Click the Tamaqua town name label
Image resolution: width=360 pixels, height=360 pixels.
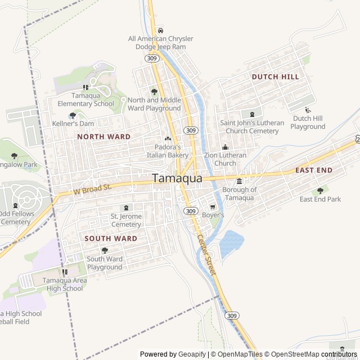tap(177, 178)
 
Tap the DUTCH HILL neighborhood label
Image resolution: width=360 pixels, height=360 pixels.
tap(275, 76)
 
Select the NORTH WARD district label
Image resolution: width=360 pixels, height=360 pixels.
tap(103, 137)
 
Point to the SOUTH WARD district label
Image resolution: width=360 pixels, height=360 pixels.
tap(110, 238)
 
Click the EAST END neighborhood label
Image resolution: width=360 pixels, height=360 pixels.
tap(313, 170)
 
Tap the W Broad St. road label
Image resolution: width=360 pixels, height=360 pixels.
tap(93, 189)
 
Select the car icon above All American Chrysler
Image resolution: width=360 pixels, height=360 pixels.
tap(160, 30)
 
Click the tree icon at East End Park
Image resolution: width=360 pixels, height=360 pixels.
tap(320, 191)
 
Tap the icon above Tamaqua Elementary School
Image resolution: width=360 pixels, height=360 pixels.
tap(85, 87)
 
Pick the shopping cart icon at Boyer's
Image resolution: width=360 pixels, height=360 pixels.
tap(213, 207)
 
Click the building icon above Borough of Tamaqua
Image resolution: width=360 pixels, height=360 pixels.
tap(239, 181)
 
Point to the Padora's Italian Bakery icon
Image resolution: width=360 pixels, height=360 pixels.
tap(167, 138)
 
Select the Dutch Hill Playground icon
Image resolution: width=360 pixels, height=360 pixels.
tap(308, 110)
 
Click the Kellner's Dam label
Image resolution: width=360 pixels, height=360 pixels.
tap(73, 123)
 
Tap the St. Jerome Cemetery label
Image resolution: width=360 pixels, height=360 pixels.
tap(126, 220)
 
